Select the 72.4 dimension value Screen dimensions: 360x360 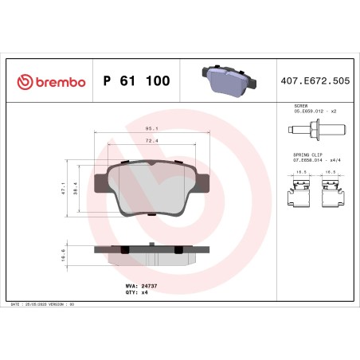tap(151, 140)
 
